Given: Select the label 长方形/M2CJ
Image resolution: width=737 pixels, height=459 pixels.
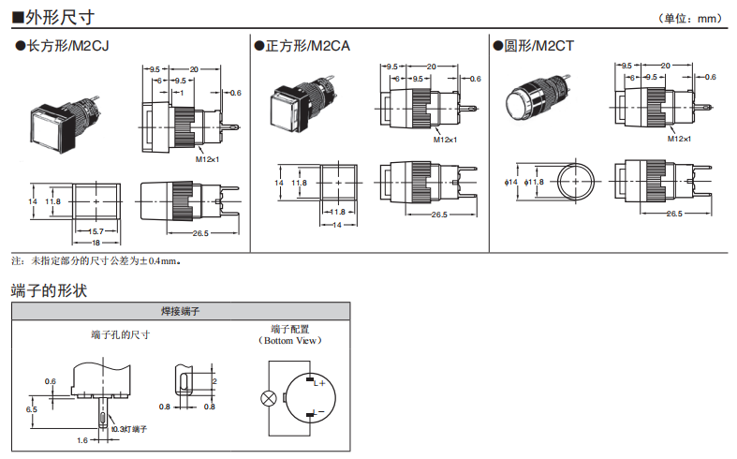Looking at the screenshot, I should [62, 45].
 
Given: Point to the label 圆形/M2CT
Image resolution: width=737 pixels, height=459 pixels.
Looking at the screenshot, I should [538, 45].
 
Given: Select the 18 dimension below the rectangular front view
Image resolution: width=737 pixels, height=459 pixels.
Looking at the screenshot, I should [95, 243].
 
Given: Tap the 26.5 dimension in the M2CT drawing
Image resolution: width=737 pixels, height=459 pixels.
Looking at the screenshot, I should [673, 215].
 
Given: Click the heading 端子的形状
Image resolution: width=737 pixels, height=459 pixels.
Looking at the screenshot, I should [49, 290].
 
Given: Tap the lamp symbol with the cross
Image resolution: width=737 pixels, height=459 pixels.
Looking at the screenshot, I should [269, 398].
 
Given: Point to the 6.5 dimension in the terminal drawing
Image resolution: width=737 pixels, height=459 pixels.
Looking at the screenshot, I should [32, 409].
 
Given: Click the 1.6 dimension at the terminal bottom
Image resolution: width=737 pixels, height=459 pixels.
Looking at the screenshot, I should [81, 439].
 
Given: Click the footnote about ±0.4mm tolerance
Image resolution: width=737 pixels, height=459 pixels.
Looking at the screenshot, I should [98, 259].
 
